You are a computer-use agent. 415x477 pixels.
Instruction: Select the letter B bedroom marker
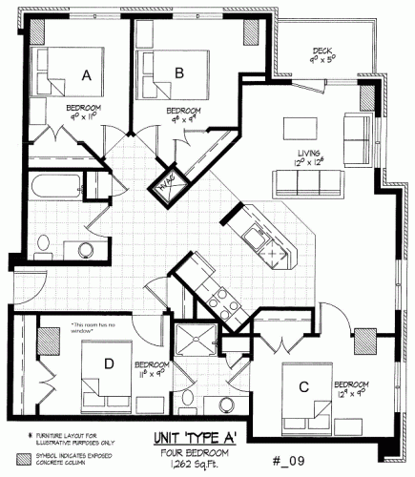[177, 69]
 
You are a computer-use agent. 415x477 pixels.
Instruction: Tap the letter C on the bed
[303, 385]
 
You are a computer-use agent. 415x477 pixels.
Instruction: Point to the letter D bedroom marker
[109, 362]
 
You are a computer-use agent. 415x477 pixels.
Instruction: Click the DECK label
[321, 52]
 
